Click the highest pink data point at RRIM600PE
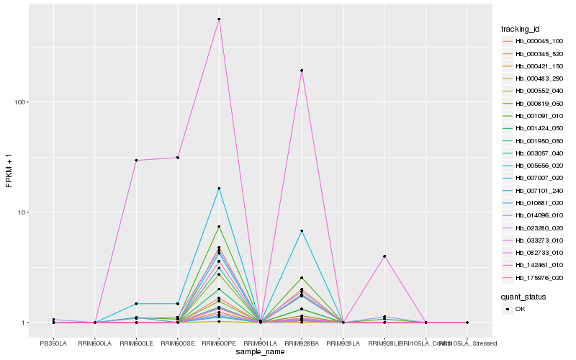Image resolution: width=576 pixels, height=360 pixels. [x=219, y=19]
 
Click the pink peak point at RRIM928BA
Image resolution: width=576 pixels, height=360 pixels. [x=302, y=71]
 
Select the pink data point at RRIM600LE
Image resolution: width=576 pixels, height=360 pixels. [x=136, y=160]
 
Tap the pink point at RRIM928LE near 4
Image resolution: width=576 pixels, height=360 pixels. [x=384, y=256]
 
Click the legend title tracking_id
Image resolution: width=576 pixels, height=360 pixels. [x=521, y=29]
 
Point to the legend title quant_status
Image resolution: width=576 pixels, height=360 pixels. [x=523, y=296]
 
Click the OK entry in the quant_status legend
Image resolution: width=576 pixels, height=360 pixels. [x=520, y=309]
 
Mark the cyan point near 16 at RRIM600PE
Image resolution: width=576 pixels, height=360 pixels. [x=219, y=189]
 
